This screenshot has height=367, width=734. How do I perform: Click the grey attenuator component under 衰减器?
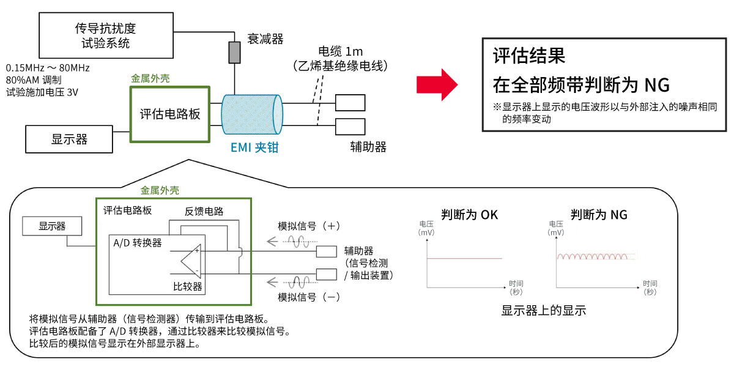[x=234, y=53]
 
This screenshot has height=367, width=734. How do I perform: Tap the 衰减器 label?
[x=265, y=39]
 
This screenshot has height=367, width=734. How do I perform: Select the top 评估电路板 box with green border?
[x=170, y=114]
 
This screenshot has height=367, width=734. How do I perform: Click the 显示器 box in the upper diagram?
[x=69, y=139]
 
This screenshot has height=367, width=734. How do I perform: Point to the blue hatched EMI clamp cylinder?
[x=251, y=115]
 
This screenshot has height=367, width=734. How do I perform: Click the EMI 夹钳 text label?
[x=254, y=147]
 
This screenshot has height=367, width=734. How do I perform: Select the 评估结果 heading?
[x=529, y=56]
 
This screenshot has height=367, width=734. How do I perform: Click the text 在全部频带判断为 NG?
[x=580, y=84]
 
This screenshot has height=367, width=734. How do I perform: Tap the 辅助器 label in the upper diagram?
[x=368, y=147]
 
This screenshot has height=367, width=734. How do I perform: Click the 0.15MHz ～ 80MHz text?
[x=48, y=67]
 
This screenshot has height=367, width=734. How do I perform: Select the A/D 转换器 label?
[x=138, y=243]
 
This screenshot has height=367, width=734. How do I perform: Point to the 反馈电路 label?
[x=204, y=212]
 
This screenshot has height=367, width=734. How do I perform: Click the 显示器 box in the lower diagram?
[x=52, y=226]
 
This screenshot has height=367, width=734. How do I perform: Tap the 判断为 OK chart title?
[x=469, y=215]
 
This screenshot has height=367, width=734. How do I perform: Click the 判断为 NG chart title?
[x=599, y=215]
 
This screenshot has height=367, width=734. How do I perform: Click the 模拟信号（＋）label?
[x=308, y=226]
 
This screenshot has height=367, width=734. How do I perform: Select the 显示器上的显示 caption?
[x=543, y=311]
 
